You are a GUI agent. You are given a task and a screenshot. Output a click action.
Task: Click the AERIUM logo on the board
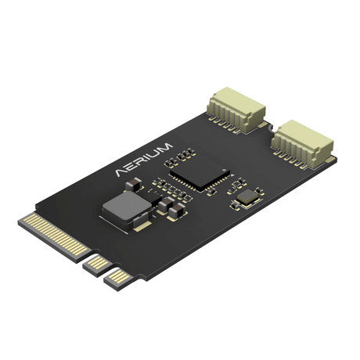click(144, 160)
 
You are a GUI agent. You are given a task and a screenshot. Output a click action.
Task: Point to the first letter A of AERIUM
click(121, 172)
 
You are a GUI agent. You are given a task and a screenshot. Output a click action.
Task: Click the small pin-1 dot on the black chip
click(223, 170)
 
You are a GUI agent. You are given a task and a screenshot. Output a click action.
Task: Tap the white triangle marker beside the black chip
click(232, 175)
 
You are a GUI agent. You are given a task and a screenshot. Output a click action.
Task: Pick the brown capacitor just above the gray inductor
click(134, 185)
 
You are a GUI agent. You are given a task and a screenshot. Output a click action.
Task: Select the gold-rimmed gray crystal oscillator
click(247, 197)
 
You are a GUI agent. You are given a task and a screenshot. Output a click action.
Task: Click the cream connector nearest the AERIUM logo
click(236, 110)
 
